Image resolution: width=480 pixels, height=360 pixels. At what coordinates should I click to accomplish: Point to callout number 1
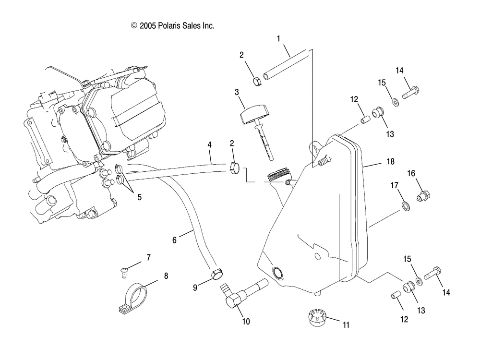279,38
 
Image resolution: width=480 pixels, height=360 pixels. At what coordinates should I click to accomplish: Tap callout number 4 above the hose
209,144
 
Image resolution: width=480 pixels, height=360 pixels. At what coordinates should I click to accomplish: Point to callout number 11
346,325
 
